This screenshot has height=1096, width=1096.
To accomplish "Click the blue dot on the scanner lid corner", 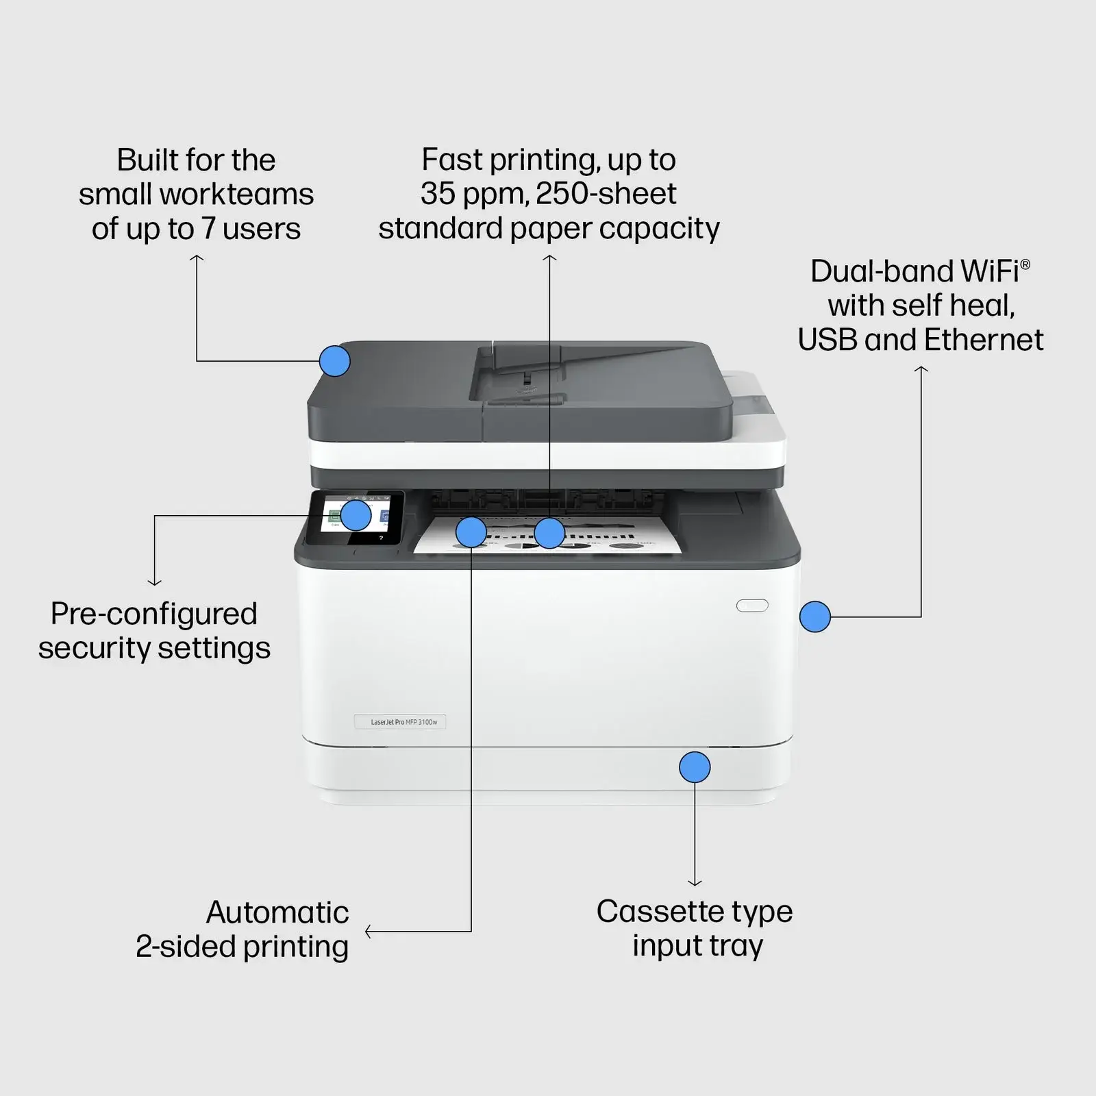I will (x=335, y=360).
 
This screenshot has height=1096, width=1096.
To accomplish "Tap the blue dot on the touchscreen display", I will (x=356, y=515).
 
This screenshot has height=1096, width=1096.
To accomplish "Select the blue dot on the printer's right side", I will (x=815, y=616).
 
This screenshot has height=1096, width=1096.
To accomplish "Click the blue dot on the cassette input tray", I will (x=695, y=767).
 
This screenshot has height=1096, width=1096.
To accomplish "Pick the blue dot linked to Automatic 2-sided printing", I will (x=471, y=532).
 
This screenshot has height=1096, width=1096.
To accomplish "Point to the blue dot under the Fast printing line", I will (x=549, y=533).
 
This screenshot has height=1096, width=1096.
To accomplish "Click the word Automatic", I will (x=277, y=912).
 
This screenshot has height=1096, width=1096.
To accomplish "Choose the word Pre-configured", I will (x=154, y=614).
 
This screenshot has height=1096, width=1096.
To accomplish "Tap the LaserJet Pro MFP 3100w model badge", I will (x=401, y=722).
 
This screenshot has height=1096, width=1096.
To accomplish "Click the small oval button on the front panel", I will (x=752, y=606).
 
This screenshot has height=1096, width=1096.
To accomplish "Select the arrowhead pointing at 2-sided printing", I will (x=369, y=932).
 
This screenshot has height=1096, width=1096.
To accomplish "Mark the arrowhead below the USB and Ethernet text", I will (x=921, y=370).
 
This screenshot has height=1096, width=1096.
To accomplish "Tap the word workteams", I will (x=236, y=195).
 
